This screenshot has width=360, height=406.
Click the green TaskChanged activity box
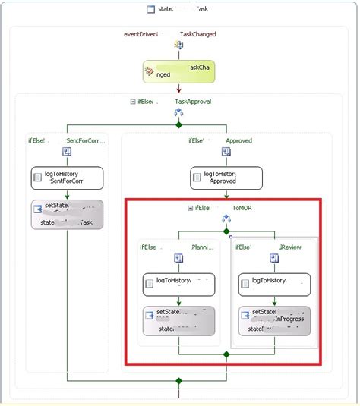coord(178,72)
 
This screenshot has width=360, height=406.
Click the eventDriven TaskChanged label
coord(170,34)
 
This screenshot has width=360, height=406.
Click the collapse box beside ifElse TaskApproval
coord(134,101)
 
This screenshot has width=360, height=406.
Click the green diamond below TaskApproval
coord(178,124)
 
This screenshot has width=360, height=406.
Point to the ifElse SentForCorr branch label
coord(66,140)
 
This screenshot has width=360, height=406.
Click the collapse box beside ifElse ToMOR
coord(190,207)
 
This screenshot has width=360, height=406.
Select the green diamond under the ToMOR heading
coord(226,231)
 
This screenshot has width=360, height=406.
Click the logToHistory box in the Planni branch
coord(178,285)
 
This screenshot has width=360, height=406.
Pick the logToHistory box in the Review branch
coord(273,285)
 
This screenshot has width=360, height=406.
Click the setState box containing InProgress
coord(273,320)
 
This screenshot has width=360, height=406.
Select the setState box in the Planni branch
coord(178,320)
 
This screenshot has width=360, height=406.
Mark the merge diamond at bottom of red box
coord(226,354)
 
